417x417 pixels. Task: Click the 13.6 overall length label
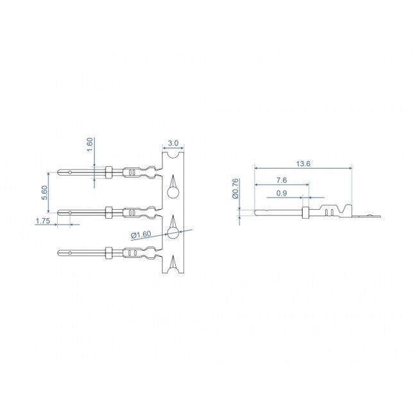(304, 164)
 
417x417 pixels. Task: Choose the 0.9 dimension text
(281, 193)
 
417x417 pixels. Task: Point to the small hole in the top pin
(70, 172)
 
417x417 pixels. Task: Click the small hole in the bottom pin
(70, 253)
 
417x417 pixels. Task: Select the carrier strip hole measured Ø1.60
(173, 232)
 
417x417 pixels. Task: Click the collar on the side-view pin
(305, 212)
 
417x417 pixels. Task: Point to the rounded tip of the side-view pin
(257, 212)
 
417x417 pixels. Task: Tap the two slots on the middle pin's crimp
(131, 212)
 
